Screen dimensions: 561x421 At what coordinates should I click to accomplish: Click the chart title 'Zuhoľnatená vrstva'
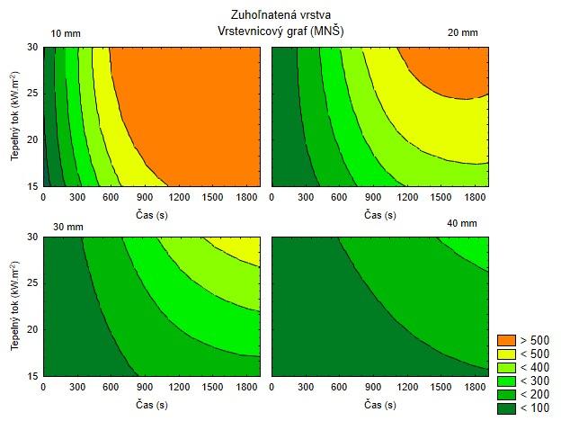click(280, 14)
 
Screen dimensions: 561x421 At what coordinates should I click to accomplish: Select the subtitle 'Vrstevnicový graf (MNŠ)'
click(280, 31)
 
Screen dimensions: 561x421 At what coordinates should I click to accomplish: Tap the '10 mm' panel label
click(66, 33)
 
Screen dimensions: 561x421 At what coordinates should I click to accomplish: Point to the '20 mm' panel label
click(463, 32)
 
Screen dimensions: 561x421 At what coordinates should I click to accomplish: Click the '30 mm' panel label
click(68, 227)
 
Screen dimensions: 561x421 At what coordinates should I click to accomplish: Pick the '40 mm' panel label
click(462, 223)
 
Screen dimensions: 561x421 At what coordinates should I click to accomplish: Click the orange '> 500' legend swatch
click(507, 340)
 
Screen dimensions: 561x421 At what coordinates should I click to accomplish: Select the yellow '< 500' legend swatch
click(507, 354)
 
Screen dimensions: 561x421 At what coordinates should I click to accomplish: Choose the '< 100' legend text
click(535, 408)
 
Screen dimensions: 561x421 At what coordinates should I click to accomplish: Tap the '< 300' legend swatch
click(507, 381)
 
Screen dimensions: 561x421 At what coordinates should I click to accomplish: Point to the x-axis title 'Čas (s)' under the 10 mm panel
click(152, 215)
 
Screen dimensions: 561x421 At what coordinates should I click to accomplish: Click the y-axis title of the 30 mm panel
click(14, 305)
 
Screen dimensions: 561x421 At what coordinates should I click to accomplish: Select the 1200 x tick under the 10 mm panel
click(179, 197)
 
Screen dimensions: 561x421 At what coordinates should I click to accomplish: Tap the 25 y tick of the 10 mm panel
click(32, 94)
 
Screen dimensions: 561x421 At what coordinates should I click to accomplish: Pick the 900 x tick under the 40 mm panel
click(373, 387)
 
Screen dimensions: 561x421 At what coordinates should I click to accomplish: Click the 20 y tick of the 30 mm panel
click(32, 329)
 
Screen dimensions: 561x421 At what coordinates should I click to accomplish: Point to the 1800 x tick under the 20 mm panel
click(475, 197)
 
